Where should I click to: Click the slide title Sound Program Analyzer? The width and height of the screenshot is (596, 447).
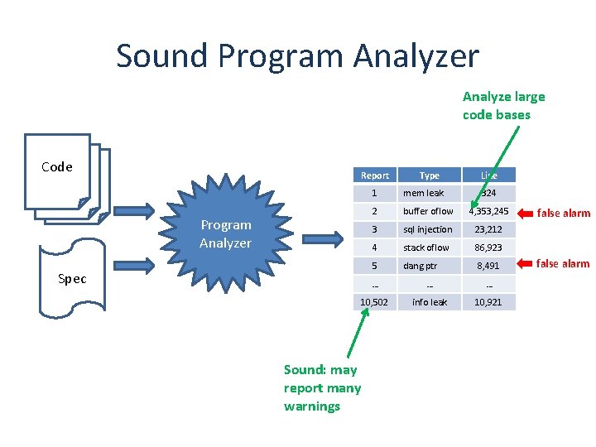[297, 56]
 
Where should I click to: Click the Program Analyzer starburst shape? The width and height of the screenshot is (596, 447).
[225, 233]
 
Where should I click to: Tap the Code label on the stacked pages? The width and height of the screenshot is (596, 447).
[57, 167]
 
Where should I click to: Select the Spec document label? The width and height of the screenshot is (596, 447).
[72, 279]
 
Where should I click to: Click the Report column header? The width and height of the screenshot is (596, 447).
[375, 175]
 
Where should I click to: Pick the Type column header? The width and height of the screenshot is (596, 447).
[429, 175]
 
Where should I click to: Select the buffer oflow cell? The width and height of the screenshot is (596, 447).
[428, 211]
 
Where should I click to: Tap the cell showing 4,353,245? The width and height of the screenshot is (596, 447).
[489, 211]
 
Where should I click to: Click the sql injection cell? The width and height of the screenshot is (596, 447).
[428, 229]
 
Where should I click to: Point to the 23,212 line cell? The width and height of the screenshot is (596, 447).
[489, 229]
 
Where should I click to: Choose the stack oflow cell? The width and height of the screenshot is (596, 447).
[426, 248]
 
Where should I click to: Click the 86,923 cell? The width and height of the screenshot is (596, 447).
[489, 248]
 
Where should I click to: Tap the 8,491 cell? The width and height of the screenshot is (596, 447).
[489, 266]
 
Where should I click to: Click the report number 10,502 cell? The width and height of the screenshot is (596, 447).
[375, 302]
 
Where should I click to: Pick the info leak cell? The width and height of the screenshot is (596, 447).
[429, 302]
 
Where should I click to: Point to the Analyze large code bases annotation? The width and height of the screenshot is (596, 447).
[503, 106]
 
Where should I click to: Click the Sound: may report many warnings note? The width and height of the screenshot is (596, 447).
[322, 387]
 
